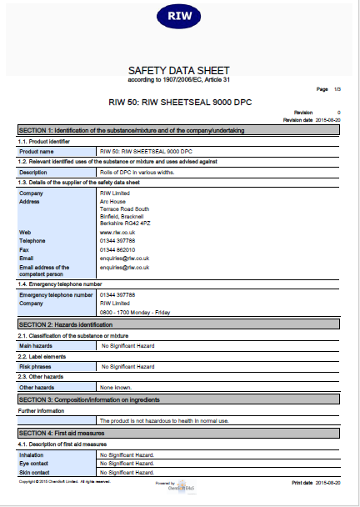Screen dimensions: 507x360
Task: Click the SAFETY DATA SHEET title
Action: click(x=178, y=70)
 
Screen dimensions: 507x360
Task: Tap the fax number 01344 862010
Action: click(x=117, y=249)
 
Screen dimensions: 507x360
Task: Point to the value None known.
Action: click(x=115, y=387)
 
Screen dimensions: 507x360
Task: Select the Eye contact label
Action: click(x=35, y=464)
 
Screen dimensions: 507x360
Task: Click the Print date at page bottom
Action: click(x=316, y=483)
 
